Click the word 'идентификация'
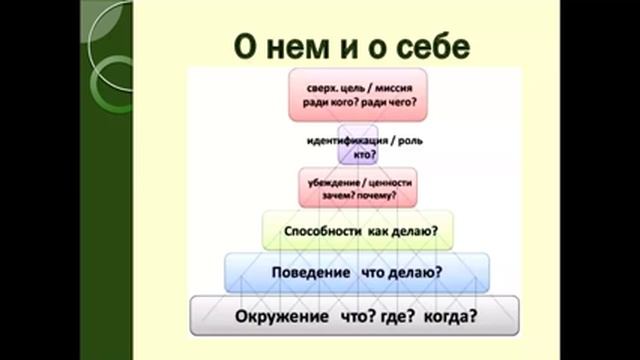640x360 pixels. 339,142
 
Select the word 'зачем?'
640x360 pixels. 333,197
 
